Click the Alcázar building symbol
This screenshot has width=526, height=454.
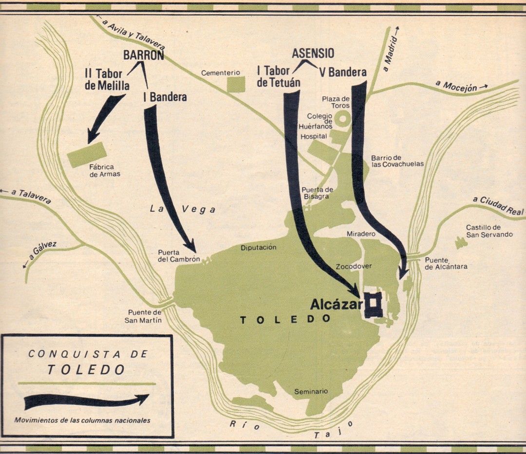pyautogui.click(x=375, y=305)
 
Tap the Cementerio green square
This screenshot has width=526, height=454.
pyautogui.click(x=236, y=84)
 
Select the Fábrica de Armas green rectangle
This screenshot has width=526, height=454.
pyautogui.click(x=88, y=155)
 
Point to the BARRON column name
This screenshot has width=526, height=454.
pyautogui.click(x=143, y=55)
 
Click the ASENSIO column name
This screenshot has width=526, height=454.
pyautogui.click(x=313, y=54)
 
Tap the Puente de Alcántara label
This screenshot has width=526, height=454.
pyautogui.click(x=446, y=263)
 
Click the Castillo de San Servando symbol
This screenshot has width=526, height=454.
pyautogui.click(x=459, y=241)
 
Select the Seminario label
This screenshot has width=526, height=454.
pyautogui.click(x=311, y=391)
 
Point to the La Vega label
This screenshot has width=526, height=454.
pyautogui.click(x=182, y=209)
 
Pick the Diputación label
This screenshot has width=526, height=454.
pyautogui.click(x=259, y=248)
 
